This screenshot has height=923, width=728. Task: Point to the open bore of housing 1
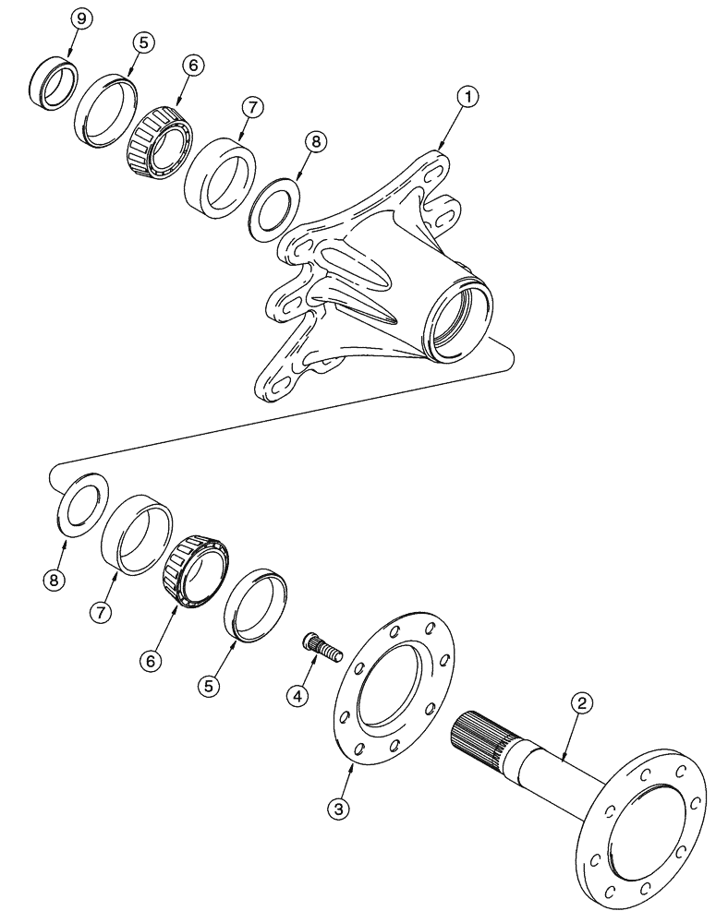(459, 318)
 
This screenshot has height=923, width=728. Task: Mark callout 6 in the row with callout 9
(191, 66)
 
